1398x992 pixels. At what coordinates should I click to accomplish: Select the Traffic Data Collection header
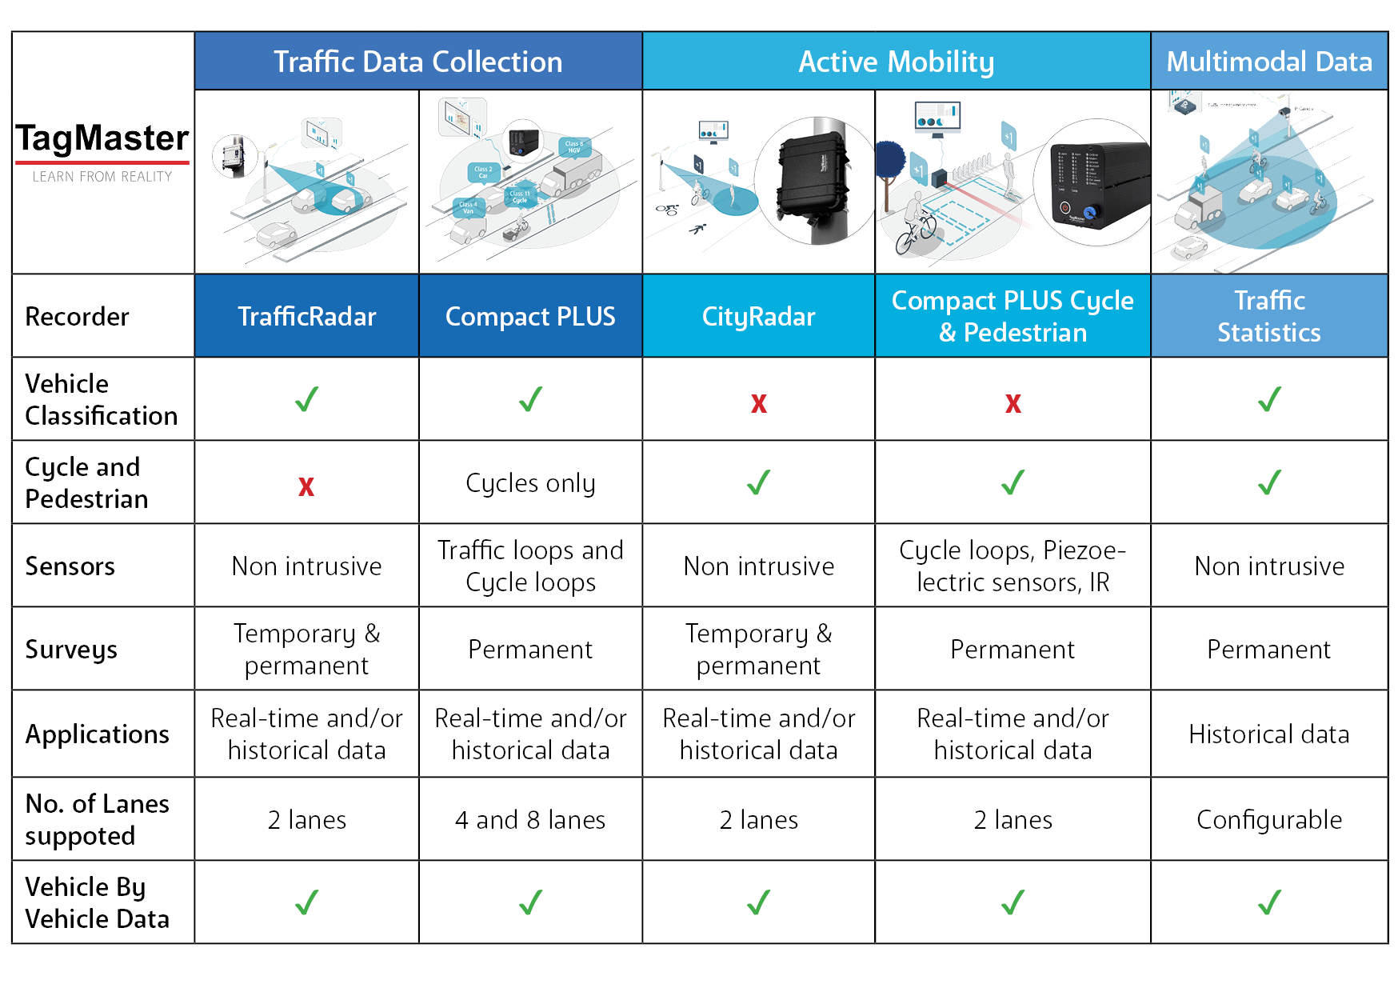[x=417, y=62]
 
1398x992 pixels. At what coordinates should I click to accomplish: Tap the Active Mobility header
[x=896, y=62]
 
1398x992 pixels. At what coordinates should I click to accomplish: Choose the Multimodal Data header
[x=1268, y=62]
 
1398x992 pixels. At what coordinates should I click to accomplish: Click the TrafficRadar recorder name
[x=306, y=317]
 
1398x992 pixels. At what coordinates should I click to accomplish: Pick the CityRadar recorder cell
[x=758, y=317]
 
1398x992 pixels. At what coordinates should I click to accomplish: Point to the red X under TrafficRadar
[x=306, y=486]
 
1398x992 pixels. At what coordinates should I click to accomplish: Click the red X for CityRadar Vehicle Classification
[x=758, y=402]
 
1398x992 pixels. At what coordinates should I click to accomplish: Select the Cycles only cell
[x=530, y=483]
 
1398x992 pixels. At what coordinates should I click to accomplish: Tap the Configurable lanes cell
[x=1268, y=820]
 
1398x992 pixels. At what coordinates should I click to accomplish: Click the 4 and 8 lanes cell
[x=530, y=820]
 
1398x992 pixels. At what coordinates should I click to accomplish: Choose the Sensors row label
[x=70, y=566]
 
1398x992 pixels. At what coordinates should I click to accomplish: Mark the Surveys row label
[x=71, y=650]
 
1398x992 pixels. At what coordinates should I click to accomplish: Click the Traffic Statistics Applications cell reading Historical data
[x=1268, y=734]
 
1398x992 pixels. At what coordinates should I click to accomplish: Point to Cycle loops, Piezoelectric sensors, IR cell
[x=1013, y=566]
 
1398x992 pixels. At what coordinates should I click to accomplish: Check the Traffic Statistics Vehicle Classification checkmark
[x=1269, y=399]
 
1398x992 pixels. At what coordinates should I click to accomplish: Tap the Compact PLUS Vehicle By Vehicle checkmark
[x=530, y=902]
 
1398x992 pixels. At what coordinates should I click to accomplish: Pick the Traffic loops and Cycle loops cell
[x=530, y=566]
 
